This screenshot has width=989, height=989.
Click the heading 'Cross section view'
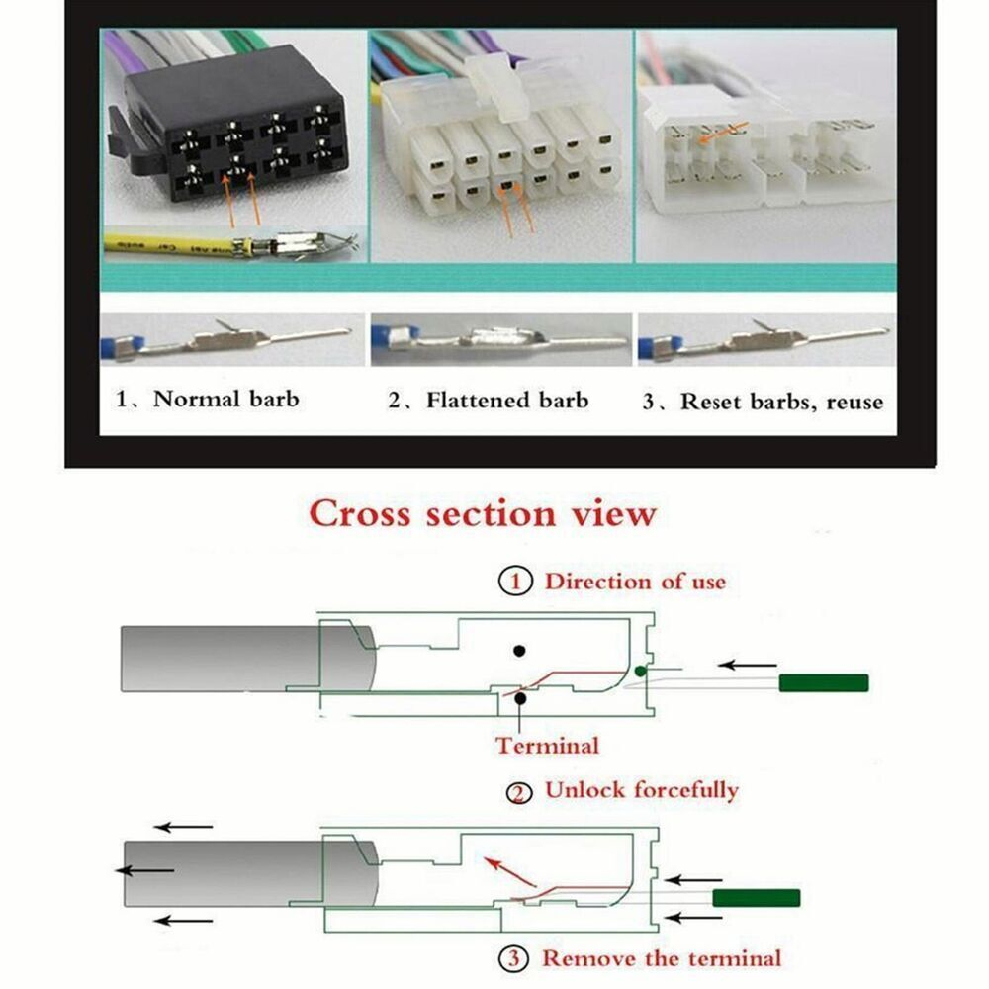(x=483, y=512)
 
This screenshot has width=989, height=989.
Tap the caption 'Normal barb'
(x=225, y=399)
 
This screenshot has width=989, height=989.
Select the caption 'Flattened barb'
(x=507, y=400)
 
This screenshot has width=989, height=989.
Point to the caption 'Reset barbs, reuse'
(x=781, y=402)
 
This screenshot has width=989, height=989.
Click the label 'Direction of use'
(x=635, y=581)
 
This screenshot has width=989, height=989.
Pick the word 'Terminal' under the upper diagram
(x=548, y=746)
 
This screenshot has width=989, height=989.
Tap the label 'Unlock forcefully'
(x=642, y=789)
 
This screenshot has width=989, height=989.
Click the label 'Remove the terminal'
(x=662, y=958)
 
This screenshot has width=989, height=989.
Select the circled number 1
(x=515, y=581)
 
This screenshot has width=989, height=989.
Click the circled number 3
(x=514, y=959)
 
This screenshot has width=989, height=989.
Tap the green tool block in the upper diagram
(x=824, y=683)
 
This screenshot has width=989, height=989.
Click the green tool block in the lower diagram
(x=757, y=898)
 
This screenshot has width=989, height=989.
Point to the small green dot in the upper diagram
(x=640, y=672)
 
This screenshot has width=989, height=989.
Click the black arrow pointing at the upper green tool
(x=748, y=665)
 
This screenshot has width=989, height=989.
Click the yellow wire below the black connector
(x=170, y=244)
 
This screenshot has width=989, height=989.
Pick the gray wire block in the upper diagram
(x=248, y=659)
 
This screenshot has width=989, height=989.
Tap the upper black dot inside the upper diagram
(x=519, y=651)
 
